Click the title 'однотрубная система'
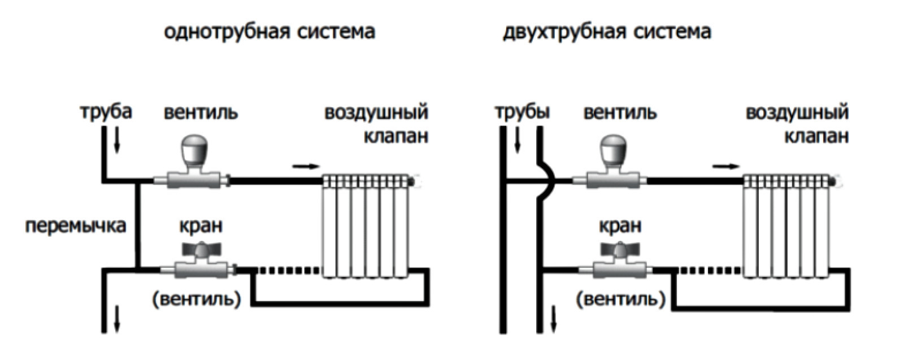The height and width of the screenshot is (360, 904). click(x=269, y=32)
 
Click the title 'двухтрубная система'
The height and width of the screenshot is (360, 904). click(x=607, y=32)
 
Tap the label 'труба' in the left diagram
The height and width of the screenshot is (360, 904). click(x=106, y=111)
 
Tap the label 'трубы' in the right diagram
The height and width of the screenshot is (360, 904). click(x=522, y=112)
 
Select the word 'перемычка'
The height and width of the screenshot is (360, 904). click(x=75, y=226)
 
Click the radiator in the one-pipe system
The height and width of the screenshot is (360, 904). click(x=365, y=226)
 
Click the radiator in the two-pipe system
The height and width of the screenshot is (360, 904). click(x=786, y=226)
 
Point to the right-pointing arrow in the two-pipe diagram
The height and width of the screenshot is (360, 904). click(x=726, y=166)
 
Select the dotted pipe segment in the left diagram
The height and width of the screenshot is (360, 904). click(x=287, y=270)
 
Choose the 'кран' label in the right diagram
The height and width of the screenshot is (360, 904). click(x=620, y=227)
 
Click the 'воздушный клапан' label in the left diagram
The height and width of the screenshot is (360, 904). click(x=376, y=124)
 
